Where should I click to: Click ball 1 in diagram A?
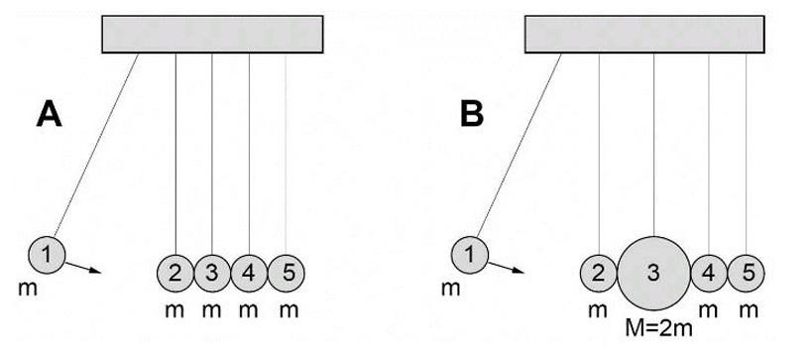click(x=46, y=255)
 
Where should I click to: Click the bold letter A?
click(x=51, y=115)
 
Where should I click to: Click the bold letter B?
click(x=472, y=115)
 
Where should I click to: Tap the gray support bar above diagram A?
click(x=212, y=35)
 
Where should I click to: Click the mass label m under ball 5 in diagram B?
click(x=749, y=309)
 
